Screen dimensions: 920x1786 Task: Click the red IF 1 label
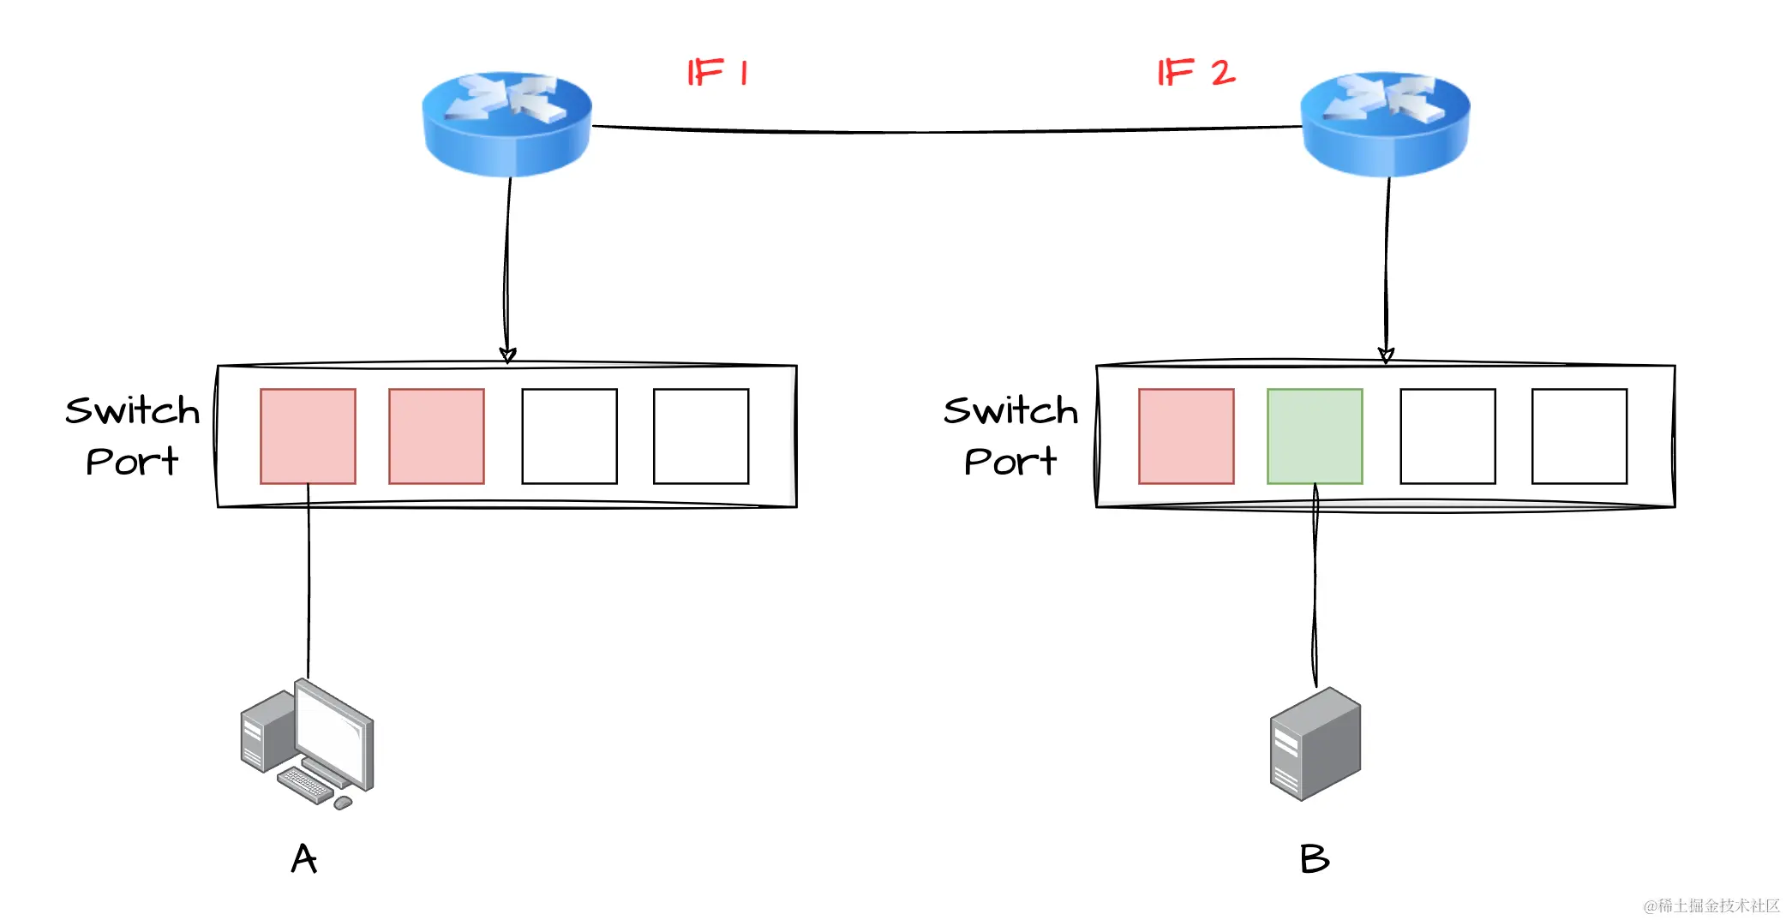click(718, 73)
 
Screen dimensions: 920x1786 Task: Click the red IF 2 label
click(1196, 73)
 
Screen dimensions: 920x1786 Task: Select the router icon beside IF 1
click(507, 124)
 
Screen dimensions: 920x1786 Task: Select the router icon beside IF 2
click(1385, 124)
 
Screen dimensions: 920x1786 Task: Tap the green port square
click(1315, 436)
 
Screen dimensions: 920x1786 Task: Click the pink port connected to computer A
click(308, 436)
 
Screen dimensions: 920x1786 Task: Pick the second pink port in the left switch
click(436, 436)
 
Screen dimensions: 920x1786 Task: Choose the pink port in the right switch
click(1186, 436)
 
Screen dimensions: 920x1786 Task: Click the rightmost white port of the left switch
click(701, 436)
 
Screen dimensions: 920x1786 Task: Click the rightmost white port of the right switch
click(1579, 436)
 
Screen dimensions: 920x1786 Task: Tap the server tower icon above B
click(1315, 744)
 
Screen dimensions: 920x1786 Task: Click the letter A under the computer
click(304, 858)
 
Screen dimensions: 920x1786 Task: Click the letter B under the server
click(1314, 858)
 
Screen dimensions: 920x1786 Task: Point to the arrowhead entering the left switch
click(507, 355)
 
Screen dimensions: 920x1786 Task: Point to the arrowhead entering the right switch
click(1386, 355)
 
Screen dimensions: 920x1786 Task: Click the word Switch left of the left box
click(133, 411)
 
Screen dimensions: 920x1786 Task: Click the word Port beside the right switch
click(1010, 463)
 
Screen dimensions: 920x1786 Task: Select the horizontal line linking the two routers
click(943, 132)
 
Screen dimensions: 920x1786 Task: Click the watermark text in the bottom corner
click(1711, 905)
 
